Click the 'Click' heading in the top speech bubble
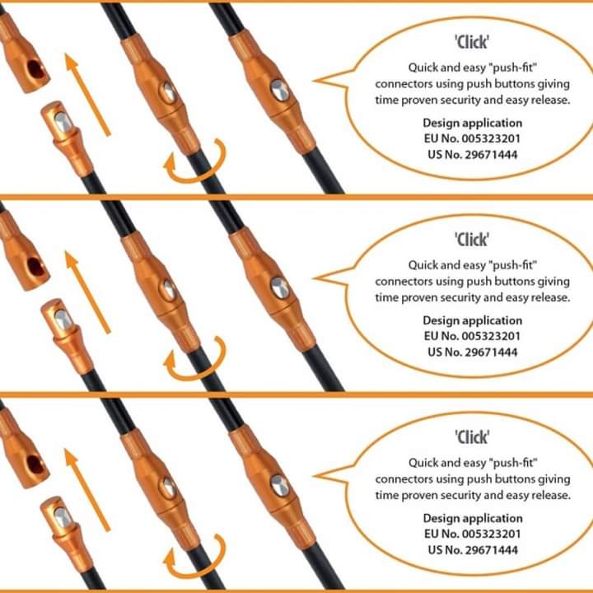coord(472,42)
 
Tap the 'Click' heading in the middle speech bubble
coord(472,240)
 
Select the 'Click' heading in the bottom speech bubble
coord(472,437)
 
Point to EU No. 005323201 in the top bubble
coord(472,138)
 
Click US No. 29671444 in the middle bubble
coord(473,353)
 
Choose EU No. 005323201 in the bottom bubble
coord(472,534)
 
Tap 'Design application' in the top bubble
coord(473,124)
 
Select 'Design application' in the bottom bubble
coord(473,519)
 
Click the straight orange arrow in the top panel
coord(87,95)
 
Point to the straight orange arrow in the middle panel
coord(87,292)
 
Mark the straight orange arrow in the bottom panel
coord(87,490)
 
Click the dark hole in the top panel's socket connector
coord(35,69)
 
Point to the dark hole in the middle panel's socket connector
coord(35,267)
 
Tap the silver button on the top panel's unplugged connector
coord(62,122)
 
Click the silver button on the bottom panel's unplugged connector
coord(62,517)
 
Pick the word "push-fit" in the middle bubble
coord(513,265)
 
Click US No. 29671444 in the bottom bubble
coord(473,550)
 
